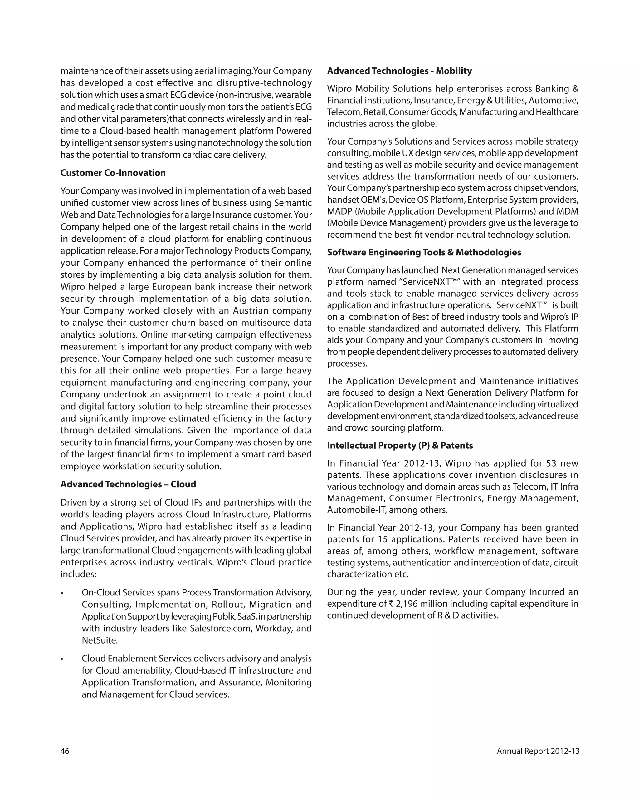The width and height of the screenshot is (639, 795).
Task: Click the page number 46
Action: (x=65, y=751)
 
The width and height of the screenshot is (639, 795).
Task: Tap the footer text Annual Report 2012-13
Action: (x=538, y=751)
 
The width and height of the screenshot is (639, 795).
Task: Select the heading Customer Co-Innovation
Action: (x=113, y=173)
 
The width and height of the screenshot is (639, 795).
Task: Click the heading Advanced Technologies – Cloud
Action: (x=128, y=484)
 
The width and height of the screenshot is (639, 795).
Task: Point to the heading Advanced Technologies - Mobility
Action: (x=399, y=71)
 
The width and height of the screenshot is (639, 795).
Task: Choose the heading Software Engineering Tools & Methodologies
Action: (x=424, y=252)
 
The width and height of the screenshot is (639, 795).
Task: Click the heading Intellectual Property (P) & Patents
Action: (x=399, y=446)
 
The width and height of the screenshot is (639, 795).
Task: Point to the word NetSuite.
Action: (x=100, y=640)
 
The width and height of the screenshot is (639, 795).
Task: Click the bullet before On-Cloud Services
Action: (x=62, y=593)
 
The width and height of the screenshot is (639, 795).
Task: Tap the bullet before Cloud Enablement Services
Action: (x=62, y=659)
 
